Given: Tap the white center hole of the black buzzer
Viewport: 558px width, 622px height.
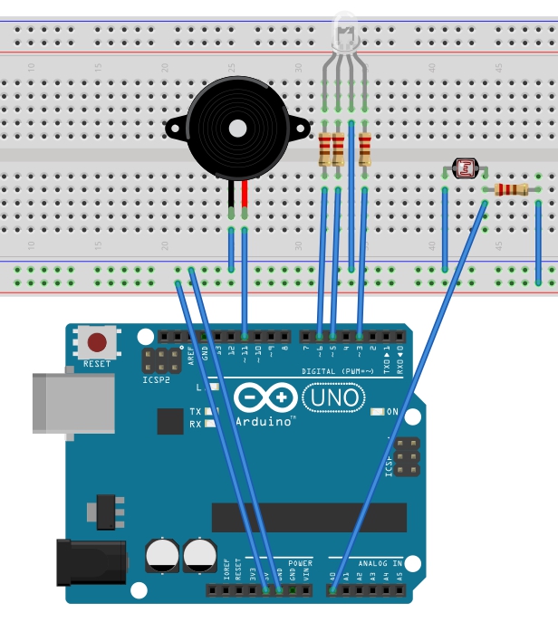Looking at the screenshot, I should [x=236, y=128].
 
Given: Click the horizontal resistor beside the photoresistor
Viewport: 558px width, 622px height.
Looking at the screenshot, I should [x=511, y=189].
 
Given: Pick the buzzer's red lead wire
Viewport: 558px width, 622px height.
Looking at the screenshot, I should [x=245, y=195].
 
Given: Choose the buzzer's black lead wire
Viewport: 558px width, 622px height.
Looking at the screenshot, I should [x=232, y=195].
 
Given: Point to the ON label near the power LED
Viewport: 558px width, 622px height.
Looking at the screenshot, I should [x=393, y=412].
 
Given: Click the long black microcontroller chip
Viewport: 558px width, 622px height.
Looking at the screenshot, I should [x=309, y=517].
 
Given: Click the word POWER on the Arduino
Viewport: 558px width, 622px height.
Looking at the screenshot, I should [x=300, y=563].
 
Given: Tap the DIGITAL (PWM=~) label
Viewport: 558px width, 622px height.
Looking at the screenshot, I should [x=342, y=372].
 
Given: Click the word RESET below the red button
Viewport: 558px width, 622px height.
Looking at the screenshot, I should [x=97, y=364].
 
